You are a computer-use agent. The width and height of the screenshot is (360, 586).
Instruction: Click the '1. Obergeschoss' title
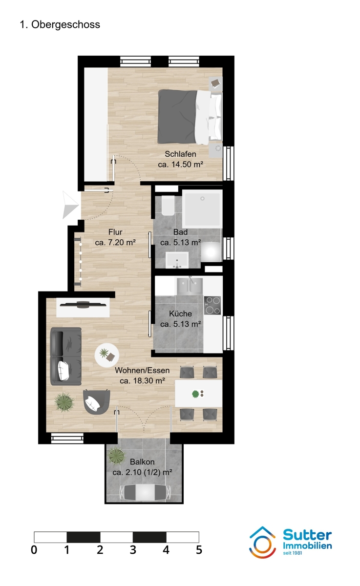pyautogui.click(x=60, y=25)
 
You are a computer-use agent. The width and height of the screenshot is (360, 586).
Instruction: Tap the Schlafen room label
pyautogui.click(x=180, y=155)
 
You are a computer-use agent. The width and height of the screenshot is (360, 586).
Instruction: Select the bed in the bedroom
pyautogui.click(x=188, y=115)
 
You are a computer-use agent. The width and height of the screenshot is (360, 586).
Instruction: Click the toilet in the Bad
pyautogui.click(x=167, y=206)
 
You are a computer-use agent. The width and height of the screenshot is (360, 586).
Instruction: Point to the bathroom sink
pyautogui.click(x=176, y=259)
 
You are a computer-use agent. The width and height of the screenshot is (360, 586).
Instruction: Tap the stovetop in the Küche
pyautogui.click(x=212, y=305)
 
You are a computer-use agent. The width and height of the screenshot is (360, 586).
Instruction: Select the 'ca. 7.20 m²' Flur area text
pyautogui.click(x=115, y=242)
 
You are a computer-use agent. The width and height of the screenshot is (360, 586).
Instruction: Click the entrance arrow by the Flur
pyautogui.click(x=70, y=205)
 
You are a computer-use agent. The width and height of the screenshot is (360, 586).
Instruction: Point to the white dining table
pyautogui.click(x=198, y=393)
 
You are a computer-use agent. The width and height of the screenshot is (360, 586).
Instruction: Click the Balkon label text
pyautogui.click(x=142, y=462)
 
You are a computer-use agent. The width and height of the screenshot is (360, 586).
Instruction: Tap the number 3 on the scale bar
pyautogui.click(x=133, y=550)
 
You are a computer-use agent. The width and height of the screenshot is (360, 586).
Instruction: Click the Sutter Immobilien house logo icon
pyautogui.click(x=263, y=542)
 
